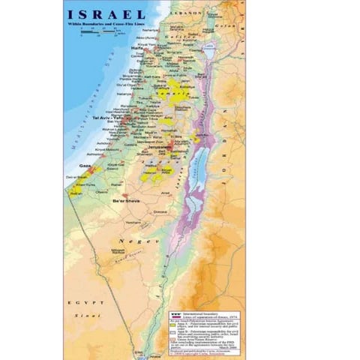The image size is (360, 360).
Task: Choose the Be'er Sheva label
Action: [x=124, y=201]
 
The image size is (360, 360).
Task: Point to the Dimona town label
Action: [x=159, y=213]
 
